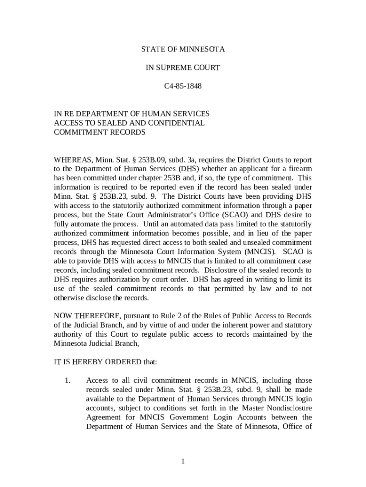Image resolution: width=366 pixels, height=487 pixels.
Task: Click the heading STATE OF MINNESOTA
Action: [x=183, y=49]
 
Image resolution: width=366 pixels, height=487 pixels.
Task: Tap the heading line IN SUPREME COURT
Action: [x=183, y=68]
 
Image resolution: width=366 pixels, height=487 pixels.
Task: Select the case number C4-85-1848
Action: [x=183, y=87]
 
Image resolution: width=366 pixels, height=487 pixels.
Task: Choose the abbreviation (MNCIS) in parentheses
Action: [x=252, y=252]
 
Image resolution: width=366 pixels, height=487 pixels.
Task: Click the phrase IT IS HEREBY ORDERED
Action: [x=97, y=362]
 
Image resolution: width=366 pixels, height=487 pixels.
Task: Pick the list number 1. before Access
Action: [x=67, y=380]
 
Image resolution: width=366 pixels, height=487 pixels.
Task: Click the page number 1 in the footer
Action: [x=183, y=461]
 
